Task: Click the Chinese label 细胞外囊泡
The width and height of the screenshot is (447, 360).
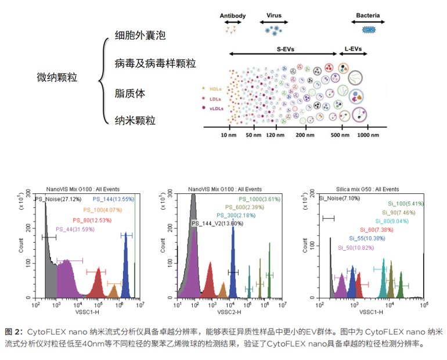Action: [140, 35]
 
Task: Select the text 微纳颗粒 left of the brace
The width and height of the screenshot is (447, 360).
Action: [57, 77]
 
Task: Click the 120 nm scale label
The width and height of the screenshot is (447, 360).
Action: [274, 135]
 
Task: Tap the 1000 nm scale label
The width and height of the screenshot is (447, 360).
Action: [367, 135]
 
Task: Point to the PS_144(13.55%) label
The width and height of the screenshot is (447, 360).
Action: [113, 199]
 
